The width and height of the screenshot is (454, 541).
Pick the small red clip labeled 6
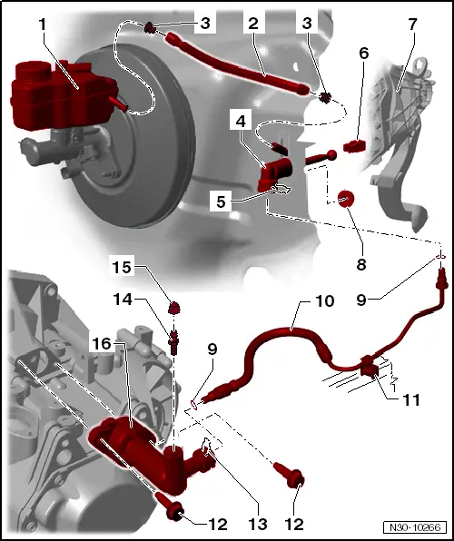[x=356, y=143]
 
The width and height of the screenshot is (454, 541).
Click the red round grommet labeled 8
[x=345, y=199]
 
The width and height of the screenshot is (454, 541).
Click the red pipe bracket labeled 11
[x=370, y=368]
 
